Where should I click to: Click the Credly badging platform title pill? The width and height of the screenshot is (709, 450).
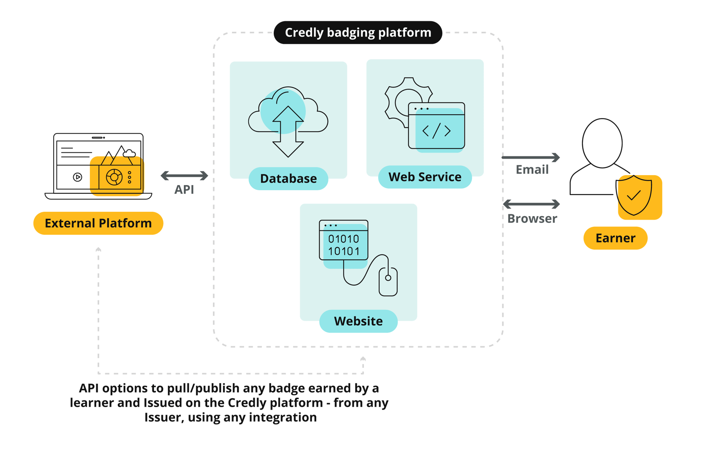(358, 33)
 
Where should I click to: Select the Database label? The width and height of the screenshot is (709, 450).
(288, 179)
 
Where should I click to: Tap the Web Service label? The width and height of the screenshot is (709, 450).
(425, 177)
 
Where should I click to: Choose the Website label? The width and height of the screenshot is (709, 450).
(358, 321)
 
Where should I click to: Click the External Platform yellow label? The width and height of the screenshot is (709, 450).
(98, 223)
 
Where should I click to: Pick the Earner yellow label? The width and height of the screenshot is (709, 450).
(615, 238)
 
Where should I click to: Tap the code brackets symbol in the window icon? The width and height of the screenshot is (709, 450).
(436, 131)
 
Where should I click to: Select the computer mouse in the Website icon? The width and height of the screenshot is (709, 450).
(388, 281)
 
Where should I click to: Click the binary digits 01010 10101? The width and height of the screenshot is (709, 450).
(343, 245)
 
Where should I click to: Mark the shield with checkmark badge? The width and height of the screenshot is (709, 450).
(634, 196)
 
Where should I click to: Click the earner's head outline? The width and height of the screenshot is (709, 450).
(602, 143)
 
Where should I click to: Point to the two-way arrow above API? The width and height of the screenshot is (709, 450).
(184, 176)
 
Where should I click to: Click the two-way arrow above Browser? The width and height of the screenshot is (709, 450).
(531, 204)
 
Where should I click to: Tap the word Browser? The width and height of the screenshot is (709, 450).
(532, 219)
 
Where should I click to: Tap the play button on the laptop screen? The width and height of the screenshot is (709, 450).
(78, 177)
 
